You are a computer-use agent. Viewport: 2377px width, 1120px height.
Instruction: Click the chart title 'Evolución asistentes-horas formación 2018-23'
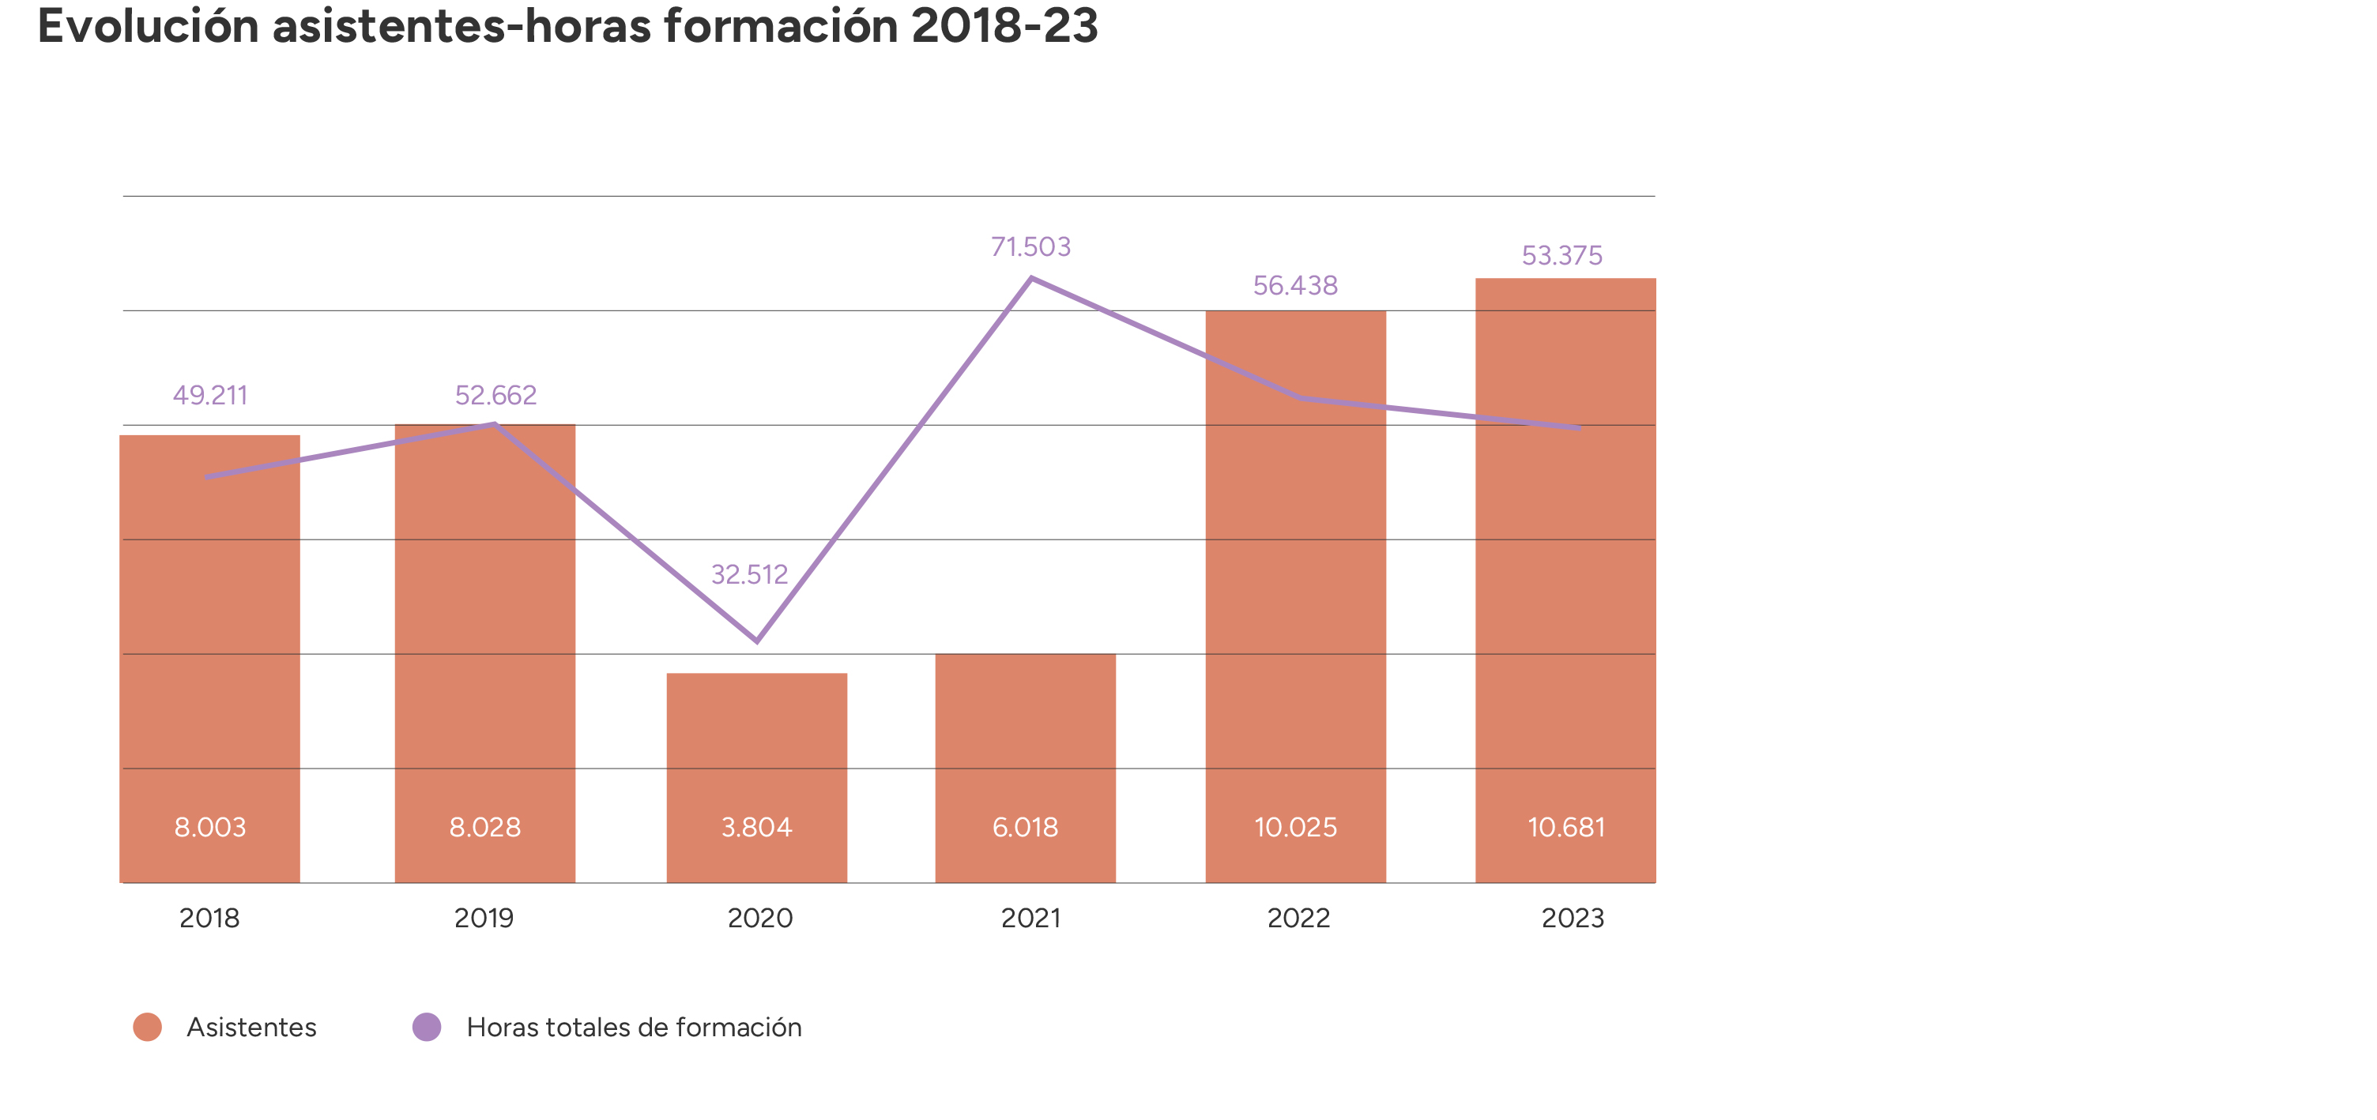pos(567,26)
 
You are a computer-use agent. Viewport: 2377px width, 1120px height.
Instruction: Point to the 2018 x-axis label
pos(209,918)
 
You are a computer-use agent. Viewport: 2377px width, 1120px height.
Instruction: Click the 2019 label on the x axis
pos(484,918)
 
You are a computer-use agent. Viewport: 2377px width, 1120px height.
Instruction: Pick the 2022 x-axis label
pos(1298,918)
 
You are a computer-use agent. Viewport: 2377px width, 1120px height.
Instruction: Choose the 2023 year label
pos(1573,918)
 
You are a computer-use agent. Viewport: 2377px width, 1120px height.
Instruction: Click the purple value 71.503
pos(1030,246)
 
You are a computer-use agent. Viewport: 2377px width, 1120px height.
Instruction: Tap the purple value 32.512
pos(749,574)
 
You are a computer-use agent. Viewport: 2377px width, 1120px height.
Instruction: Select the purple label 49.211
pos(210,395)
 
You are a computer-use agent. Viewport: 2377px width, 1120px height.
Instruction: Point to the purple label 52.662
pos(495,395)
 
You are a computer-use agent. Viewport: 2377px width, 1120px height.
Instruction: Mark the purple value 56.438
pos(1294,285)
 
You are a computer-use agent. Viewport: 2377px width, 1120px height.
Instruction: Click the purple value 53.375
pos(1561,256)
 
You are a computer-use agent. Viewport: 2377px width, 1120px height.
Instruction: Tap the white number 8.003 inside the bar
pos(210,827)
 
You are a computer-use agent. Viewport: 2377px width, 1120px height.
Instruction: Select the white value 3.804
pos(757,827)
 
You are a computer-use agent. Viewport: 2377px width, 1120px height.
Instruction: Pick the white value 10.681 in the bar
pos(1566,827)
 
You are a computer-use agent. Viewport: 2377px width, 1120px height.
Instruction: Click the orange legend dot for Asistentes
pos(148,1027)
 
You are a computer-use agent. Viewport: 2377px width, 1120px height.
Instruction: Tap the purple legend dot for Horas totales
pos(426,1027)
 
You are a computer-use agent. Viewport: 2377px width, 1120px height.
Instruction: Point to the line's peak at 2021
pos(1030,278)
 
